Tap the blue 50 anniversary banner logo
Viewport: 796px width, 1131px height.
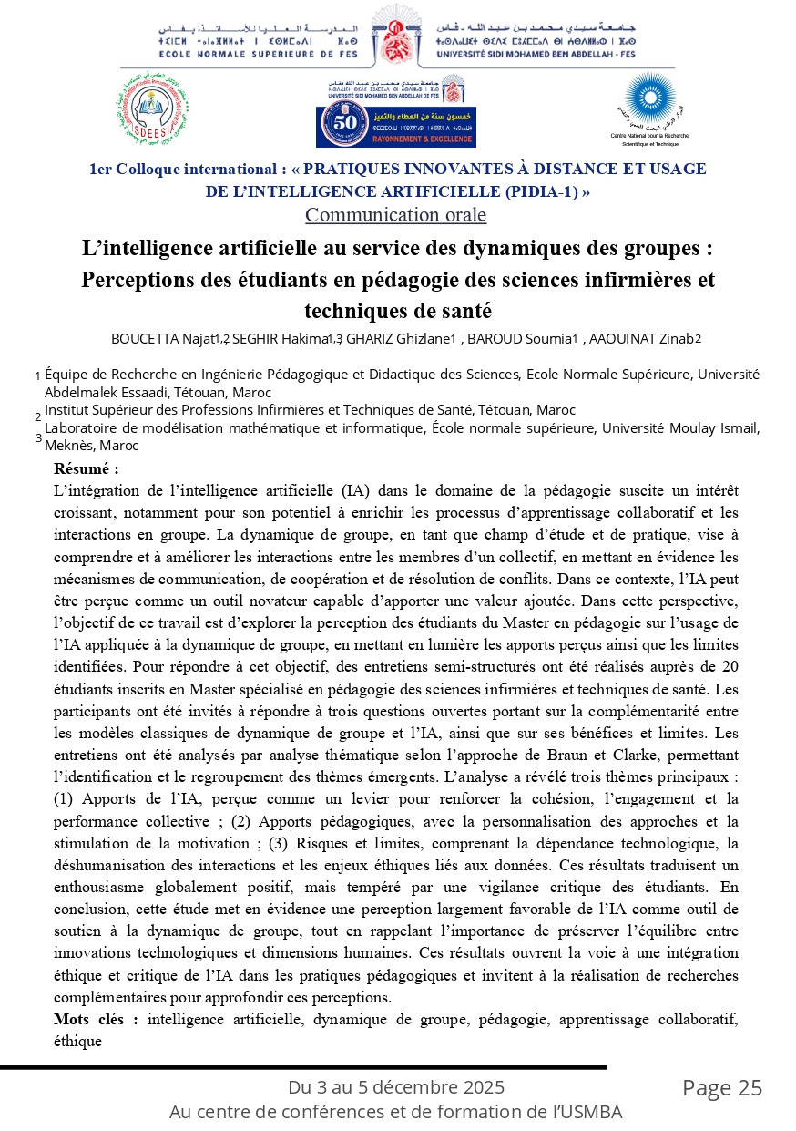click(396, 126)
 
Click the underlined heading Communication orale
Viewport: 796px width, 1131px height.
click(395, 215)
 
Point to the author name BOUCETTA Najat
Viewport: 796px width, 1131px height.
click(162, 339)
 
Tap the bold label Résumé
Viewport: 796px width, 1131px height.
click(87, 469)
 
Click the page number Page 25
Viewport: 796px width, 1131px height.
click(722, 1088)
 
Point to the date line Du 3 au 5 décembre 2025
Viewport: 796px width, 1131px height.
click(396, 1087)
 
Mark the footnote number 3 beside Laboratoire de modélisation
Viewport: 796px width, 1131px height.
click(38, 438)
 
